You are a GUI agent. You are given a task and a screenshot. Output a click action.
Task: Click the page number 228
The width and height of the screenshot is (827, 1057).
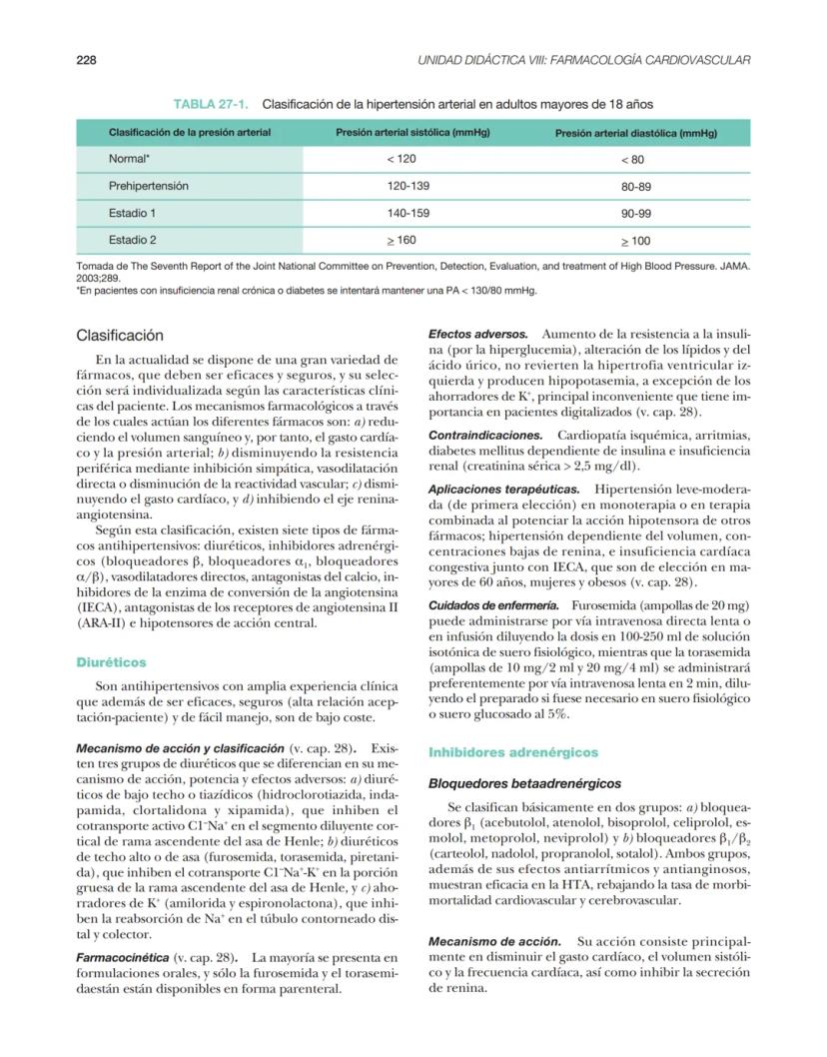point(86,61)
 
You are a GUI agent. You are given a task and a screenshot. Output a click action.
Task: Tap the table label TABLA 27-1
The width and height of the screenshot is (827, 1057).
point(211,104)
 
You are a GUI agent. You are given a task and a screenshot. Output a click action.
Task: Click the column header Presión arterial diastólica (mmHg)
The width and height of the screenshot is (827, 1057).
point(636,133)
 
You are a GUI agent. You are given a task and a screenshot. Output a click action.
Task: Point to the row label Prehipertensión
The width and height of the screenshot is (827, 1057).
point(148,186)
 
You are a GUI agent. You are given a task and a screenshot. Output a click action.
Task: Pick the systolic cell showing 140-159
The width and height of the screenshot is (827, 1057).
point(408,213)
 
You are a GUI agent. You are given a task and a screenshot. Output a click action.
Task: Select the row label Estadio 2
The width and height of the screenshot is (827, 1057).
point(132,240)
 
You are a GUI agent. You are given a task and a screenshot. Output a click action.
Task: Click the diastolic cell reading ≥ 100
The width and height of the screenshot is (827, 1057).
point(635,241)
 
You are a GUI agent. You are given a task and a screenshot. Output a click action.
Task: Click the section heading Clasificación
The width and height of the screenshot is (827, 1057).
point(120,336)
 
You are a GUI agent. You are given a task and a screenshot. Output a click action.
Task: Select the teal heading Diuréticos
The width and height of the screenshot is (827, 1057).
point(111,661)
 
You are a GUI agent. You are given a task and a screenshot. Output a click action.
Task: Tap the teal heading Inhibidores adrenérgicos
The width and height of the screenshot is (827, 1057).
point(513,752)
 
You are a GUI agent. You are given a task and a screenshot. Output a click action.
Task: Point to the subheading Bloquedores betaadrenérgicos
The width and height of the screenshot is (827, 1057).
point(524,784)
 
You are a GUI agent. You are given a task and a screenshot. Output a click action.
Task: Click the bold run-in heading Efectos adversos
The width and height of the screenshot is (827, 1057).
point(478,333)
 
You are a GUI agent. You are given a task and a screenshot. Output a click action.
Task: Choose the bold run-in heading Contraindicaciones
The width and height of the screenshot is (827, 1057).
point(485,436)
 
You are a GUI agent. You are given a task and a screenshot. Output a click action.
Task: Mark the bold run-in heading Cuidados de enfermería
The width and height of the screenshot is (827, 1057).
point(493,606)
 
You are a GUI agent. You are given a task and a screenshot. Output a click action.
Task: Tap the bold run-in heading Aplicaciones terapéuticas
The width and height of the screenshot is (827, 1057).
point(503,490)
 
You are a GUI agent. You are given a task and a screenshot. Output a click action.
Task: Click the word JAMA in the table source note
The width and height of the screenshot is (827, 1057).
point(732,268)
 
